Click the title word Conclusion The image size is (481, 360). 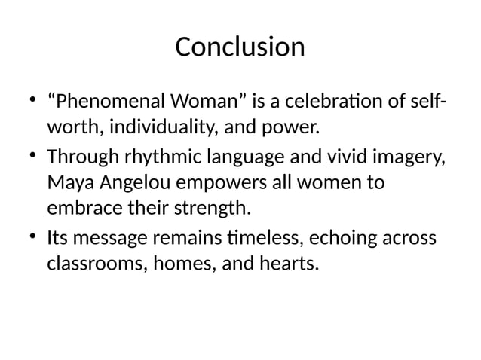click(240, 47)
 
